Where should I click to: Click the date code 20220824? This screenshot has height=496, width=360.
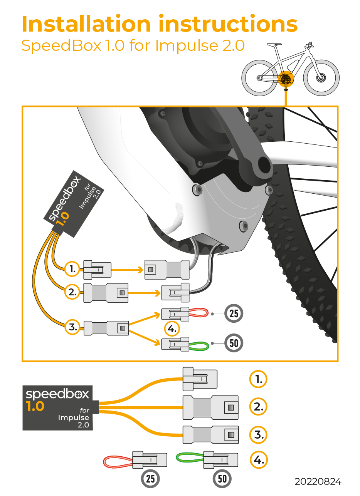(x=318, y=481)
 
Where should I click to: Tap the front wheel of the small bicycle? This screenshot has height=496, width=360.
(x=321, y=77)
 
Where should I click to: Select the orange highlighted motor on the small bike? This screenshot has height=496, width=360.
(x=286, y=79)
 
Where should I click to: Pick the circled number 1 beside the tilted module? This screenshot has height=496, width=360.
(x=72, y=269)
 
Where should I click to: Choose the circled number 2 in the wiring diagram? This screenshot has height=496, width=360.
(x=72, y=292)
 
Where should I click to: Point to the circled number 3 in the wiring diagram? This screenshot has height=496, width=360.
(x=72, y=327)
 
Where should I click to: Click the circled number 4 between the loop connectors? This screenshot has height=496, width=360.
(x=172, y=329)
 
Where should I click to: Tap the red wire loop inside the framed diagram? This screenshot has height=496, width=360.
(x=198, y=314)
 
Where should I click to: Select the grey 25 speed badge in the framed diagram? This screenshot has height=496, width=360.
(x=234, y=313)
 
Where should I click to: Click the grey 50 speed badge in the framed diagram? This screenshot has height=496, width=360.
(x=234, y=343)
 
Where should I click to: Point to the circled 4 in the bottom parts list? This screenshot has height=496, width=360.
(x=258, y=459)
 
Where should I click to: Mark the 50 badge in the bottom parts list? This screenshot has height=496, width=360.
(x=222, y=479)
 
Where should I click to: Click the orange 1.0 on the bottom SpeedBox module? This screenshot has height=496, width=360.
(x=35, y=406)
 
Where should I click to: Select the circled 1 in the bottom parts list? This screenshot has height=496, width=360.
(x=258, y=379)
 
